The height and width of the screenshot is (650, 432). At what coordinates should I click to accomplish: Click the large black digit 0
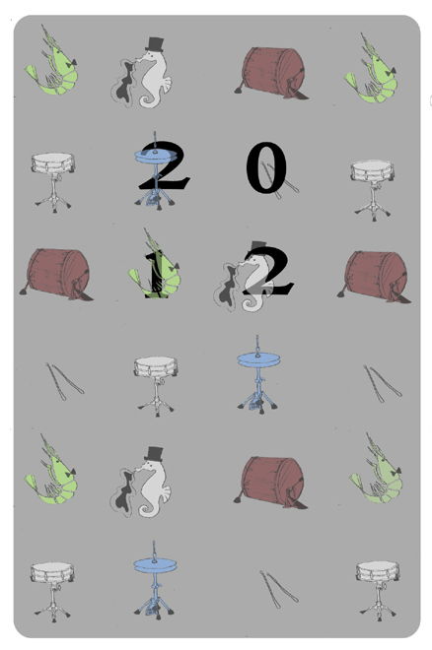click(266, 167)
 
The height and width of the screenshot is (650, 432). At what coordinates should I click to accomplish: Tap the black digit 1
click(156, 275)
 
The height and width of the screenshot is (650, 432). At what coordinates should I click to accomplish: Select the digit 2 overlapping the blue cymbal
click(164, 165)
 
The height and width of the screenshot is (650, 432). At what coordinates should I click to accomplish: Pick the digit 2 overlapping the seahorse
click(268, 270)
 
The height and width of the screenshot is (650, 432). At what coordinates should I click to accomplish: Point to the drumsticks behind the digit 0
click(280, 179)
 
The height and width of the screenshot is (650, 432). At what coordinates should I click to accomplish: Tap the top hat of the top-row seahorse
click(155, 44)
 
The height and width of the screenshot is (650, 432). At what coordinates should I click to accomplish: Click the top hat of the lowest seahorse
click(154, 453)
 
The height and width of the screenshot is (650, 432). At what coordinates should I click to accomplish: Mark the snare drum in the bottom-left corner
click(52, 592)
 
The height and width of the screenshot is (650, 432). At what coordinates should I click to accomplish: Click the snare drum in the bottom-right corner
click(378, 591)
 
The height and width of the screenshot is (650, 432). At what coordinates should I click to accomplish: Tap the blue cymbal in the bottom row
click(155, 580)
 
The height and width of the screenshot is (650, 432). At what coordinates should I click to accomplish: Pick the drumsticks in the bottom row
click(279, 590)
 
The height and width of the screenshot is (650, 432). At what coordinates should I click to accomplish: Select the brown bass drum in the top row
click(272, 74)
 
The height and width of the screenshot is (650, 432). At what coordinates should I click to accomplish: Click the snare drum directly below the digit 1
click(156, 386)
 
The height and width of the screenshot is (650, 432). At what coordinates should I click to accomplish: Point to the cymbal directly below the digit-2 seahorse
click(258, 375)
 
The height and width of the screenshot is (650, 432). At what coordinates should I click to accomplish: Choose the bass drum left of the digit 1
click(56, 274)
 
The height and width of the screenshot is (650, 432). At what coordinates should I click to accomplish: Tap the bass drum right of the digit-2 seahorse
click(375, 277)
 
